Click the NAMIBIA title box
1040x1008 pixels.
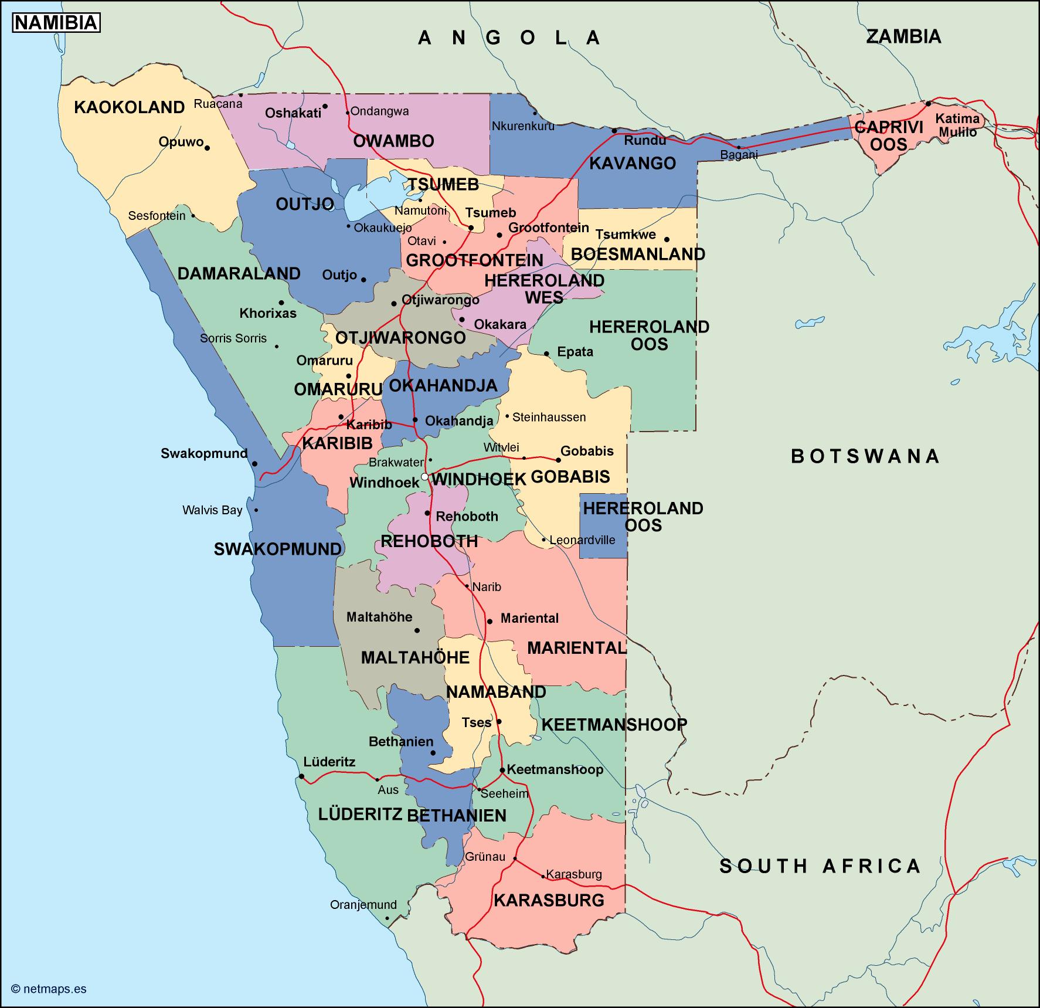56,22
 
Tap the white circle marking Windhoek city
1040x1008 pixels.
424,477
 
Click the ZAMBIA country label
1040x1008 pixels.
903,36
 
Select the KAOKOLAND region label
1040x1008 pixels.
129,107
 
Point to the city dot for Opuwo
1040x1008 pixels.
207,148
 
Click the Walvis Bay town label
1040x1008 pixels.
212,510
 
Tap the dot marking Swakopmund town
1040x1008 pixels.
255,464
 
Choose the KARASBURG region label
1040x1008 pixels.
549,900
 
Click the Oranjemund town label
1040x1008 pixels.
363,905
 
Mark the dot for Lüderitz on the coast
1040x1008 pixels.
301,776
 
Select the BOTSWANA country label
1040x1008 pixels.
865,456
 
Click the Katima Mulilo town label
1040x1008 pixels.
957,125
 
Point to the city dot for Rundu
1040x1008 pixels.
614,131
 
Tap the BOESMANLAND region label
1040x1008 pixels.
638,254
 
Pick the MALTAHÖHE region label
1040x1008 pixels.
415,657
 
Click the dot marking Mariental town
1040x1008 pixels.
490,621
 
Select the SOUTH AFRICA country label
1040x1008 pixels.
820,866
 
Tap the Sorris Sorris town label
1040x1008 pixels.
233,338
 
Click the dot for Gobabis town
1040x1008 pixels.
558,460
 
